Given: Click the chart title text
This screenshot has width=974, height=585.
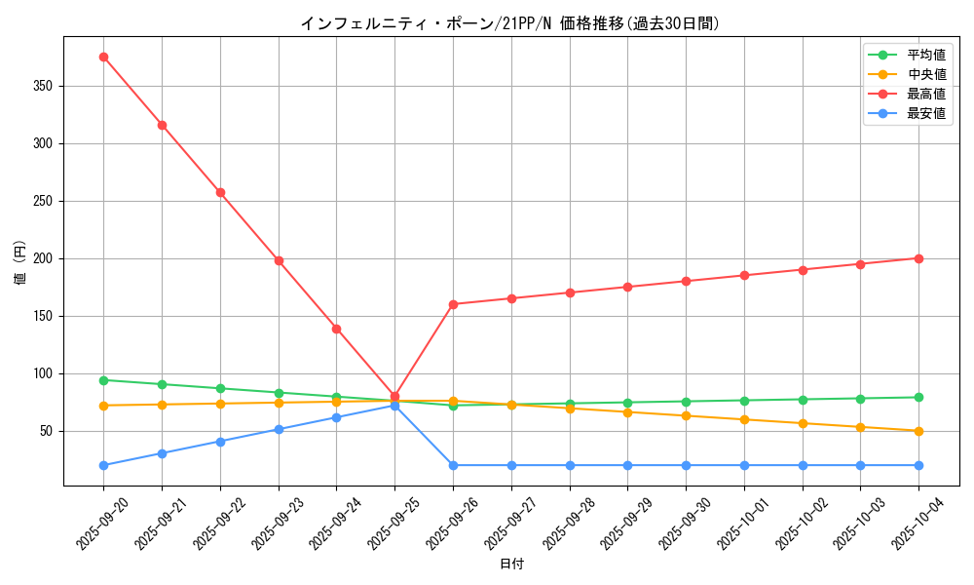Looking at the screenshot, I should coord(510,23).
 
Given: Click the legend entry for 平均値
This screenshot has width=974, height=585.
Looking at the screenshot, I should coord(925,56).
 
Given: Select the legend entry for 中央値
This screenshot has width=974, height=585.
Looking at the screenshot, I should coord(925,75).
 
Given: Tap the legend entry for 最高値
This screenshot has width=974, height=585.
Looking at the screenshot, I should coord(925,95).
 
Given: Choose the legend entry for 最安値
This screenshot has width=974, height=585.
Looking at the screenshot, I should coord(925,114).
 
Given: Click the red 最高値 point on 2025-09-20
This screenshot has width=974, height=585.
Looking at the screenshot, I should coord(103,57).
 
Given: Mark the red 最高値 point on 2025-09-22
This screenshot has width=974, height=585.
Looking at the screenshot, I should coord(220,192).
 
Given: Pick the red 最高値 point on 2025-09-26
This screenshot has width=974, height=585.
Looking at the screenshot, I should coord(453,304).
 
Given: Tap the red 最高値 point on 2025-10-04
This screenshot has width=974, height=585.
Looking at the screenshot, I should coord(918,258).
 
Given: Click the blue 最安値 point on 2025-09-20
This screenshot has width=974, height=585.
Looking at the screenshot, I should coord(103,465).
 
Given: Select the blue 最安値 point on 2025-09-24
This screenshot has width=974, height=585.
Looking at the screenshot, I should coord(336,417).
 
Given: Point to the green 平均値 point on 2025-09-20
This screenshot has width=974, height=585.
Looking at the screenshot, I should coord(103,380).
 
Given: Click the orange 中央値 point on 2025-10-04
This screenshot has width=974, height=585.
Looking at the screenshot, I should coord(918,431).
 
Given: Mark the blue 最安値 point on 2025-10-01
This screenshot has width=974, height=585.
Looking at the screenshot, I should coord(744,465).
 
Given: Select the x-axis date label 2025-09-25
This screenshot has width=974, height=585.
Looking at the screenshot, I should coord(381,522).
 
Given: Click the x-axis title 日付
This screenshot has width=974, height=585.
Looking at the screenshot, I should coord(511,565).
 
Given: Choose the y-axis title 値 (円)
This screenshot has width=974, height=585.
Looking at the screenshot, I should coord(20,262).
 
